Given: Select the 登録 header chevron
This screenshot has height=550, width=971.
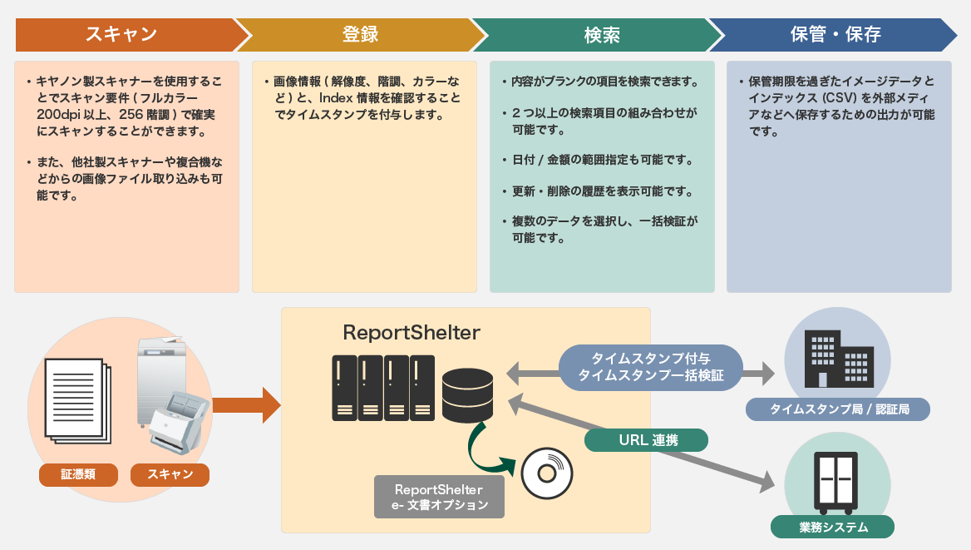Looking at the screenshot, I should click(x=360, y=34).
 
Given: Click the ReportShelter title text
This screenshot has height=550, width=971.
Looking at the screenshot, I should click(x=412, y=333).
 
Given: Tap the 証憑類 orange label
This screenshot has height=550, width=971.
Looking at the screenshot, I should click(x=78, y=474).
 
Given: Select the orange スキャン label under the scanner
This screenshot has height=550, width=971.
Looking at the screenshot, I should click(x=170, y=474).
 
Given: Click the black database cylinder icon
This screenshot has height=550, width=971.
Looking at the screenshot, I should click(x=468, y=395).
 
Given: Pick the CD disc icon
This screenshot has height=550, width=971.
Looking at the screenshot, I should click(x=547, y=473).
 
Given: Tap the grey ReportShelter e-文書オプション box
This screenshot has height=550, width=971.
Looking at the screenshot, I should click(x=439, y=497).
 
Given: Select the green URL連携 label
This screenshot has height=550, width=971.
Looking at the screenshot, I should click(x=647, y=440).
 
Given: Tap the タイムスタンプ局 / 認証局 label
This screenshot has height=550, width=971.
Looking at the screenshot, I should click(x=837, y=409).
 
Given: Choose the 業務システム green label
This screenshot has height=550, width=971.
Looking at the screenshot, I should click(x=833, y=527).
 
